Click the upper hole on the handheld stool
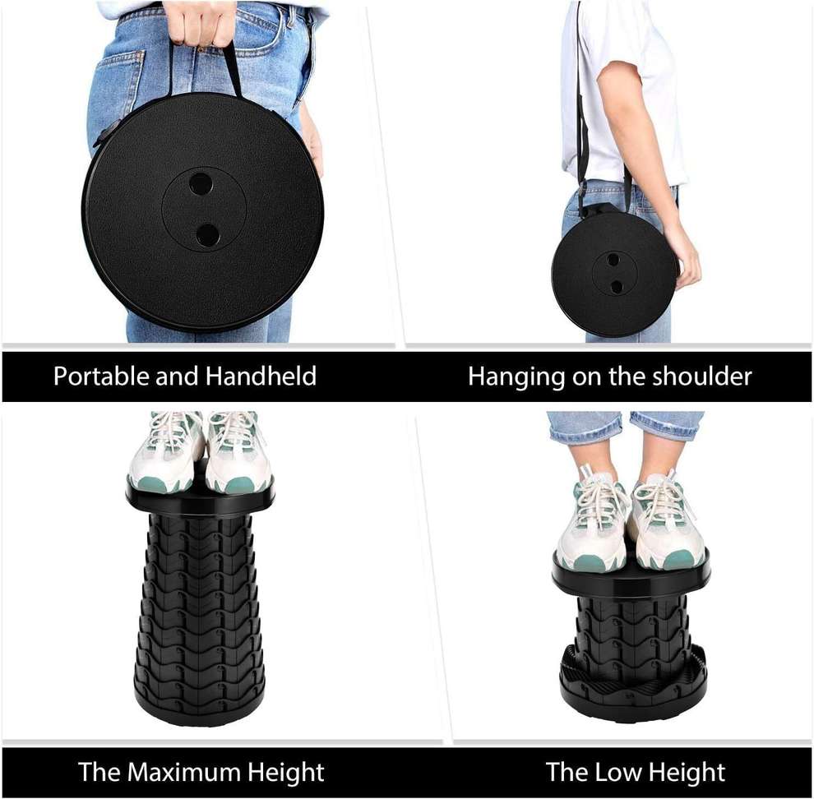[200, 182]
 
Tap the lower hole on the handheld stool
[208, 235]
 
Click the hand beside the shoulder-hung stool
[684, 255]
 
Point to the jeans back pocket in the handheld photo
[115, 82]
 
